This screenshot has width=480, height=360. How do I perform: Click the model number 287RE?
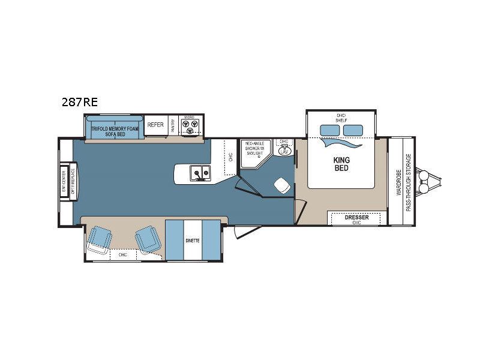pos(79,102)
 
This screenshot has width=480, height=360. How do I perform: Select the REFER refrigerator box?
pos(155,125)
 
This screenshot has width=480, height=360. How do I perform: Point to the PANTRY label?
pos(173,125)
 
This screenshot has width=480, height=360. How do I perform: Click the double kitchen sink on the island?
pos(200,173)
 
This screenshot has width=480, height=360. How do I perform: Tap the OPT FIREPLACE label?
pos(73,181)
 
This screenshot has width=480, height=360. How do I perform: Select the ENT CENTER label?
pos(64,181)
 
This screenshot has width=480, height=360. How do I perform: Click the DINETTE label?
pos(193,241)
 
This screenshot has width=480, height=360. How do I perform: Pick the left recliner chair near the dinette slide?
pos(100,240)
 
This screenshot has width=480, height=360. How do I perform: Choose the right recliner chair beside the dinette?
pos(147,239)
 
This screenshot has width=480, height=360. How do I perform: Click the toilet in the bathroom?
pos(280,185)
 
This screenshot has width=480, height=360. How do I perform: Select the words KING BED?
pos(341,164)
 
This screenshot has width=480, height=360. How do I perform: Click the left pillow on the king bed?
pos(329,130)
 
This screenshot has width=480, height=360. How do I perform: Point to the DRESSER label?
pos(356,217)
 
